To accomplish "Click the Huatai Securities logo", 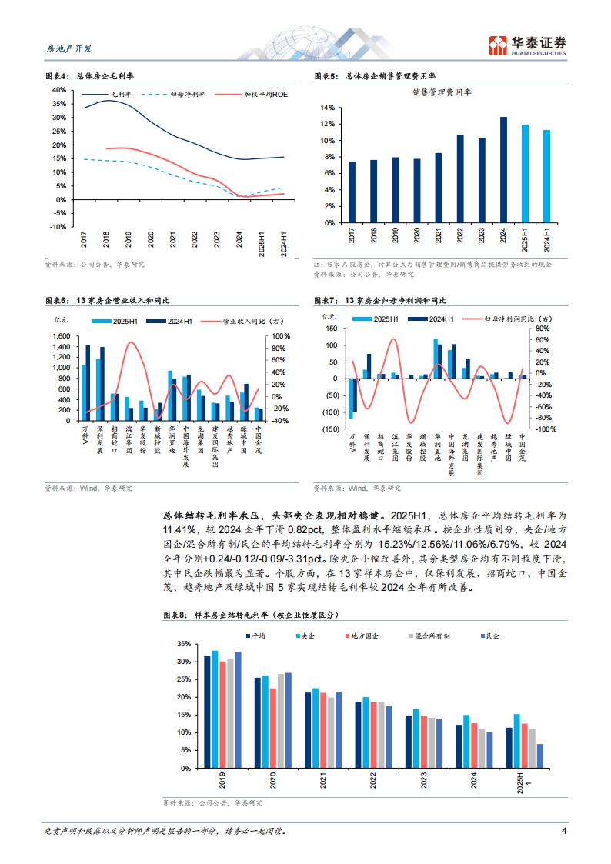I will coord(530,45).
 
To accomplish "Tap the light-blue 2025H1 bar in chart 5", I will coord(525,174).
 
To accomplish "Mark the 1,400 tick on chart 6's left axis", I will coord(60,348).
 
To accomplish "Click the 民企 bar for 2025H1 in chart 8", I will coord(539,756).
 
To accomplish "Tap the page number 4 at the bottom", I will coord(564,831).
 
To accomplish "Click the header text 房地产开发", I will coord(65,48).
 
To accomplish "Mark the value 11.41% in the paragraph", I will coord(178,530).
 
